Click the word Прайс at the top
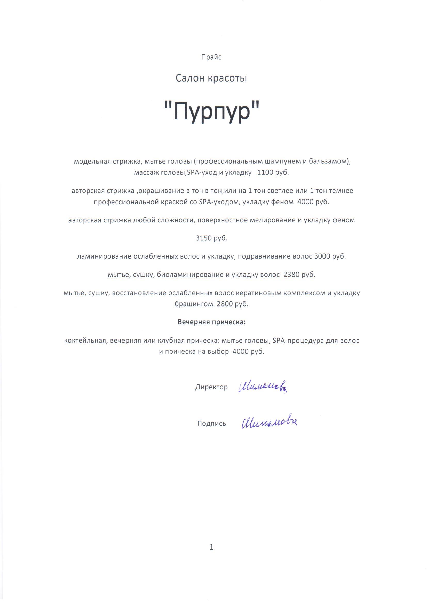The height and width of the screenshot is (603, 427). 211,57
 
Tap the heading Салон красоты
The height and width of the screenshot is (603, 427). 211,78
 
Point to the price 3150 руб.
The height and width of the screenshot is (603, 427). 211,238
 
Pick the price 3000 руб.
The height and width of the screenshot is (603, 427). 330,256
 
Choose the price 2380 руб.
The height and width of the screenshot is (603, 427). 299,275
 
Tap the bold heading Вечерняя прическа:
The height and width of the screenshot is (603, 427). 211,322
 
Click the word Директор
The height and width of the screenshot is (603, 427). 211,387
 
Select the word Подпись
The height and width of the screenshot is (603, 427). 211,424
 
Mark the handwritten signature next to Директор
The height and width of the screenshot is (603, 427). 262,386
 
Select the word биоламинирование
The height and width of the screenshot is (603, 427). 190,275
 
